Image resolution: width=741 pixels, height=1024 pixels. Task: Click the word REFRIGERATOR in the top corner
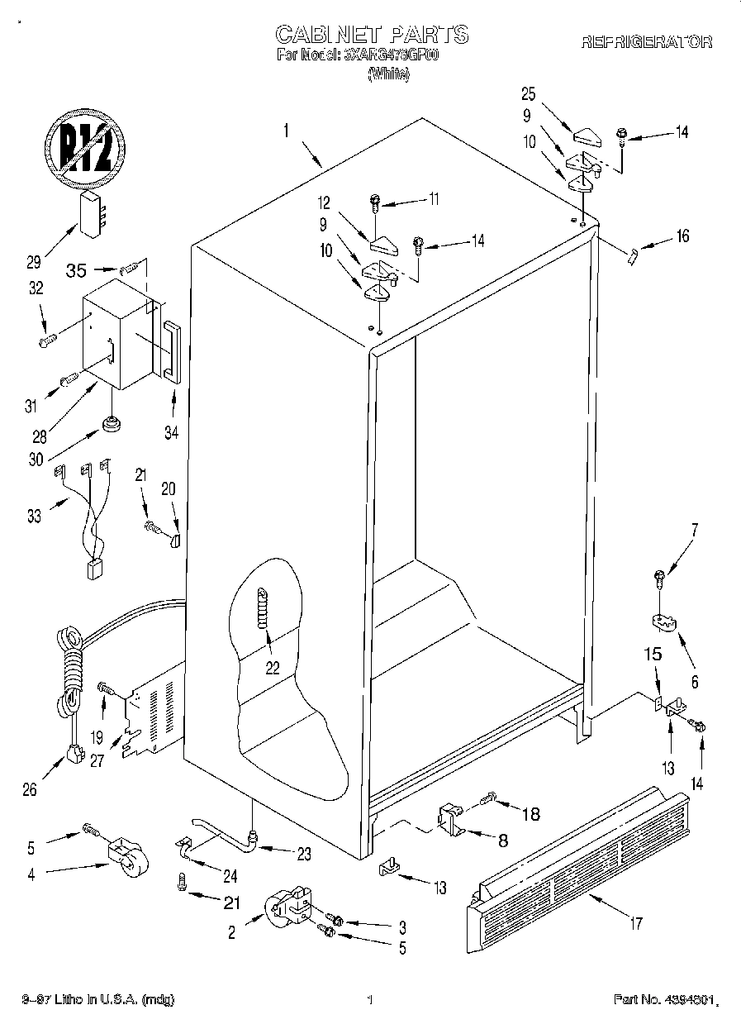647,42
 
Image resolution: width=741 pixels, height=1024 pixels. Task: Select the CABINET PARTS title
371,34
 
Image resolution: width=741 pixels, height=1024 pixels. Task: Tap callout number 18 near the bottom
530,813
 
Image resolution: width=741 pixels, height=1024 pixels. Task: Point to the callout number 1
285,130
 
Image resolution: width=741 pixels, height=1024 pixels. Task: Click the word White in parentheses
388,74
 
